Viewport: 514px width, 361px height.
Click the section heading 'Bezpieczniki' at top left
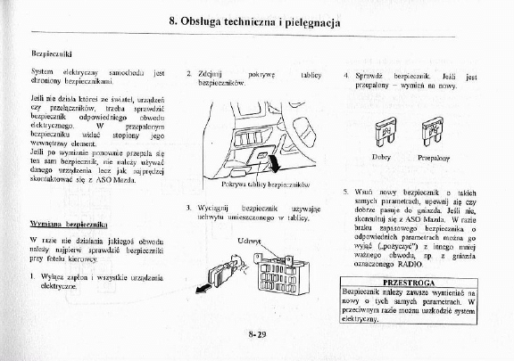(x=50, y=54)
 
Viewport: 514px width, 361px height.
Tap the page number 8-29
(x=257, y=333)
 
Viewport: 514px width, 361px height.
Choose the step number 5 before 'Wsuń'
(x=346, y=192)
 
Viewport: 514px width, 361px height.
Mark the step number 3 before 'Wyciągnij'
(x=188, y=207)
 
